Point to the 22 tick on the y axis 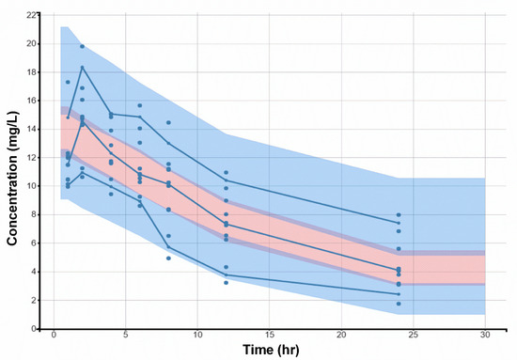34,16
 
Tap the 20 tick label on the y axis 34,44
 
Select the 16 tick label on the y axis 34,101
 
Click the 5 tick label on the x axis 126,336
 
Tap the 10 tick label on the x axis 197,336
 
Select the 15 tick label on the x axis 270,336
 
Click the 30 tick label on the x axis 485,336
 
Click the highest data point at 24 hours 399,215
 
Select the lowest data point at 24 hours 399,304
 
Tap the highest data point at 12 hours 227,173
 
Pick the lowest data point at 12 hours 227,282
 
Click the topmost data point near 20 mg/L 82,46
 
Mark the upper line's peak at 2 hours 82,67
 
